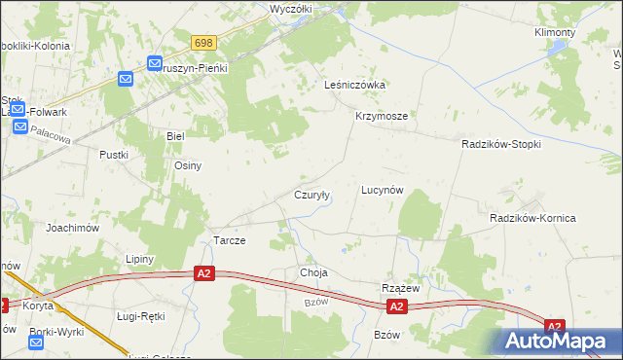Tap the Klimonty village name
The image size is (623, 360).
tap(555, 32)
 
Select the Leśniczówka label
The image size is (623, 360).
tap(355, 85)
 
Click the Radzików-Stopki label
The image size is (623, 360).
tap(500, 143)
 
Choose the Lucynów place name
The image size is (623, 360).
tap(382, 190)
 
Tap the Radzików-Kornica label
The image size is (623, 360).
tap(532, 218)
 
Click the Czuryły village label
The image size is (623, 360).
tap(312, 195)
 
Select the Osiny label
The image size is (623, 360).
tap(187, 165)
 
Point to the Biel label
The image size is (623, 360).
tap(175, 136)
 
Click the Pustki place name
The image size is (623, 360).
tap(114, 155)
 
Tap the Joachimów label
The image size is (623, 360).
tap(73, 227)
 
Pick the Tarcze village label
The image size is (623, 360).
tap(229, 240)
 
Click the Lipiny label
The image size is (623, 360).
tap(140, 259)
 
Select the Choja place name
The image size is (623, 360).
tap(314, 273)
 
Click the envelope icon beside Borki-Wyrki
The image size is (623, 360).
tap(36, 343)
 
